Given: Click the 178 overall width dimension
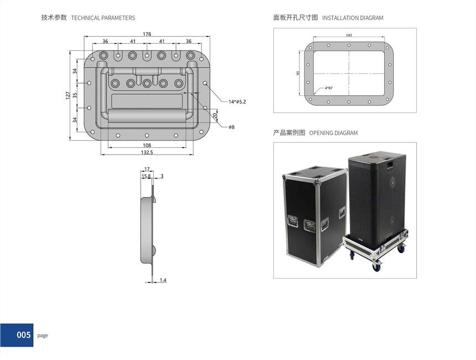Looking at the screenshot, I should (147, 34).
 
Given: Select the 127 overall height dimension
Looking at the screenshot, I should (68, 96).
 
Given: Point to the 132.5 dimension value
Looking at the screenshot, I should (147, 152).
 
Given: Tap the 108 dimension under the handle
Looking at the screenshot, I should (147, 145).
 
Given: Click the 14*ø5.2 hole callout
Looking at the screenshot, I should (237, 101).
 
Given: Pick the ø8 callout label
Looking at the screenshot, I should (231, 127).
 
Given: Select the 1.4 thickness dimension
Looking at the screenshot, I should (163, 280).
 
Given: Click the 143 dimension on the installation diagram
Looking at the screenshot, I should (349, 35).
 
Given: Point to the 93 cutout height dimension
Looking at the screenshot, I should (298, 73).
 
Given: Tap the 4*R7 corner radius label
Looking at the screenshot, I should (328, 88).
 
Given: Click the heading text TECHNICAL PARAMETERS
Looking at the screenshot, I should (103, 18).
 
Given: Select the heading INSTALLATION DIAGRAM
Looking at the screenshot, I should (353, 18).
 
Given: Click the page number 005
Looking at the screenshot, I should (24, 335).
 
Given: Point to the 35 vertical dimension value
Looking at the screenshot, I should (75, 96).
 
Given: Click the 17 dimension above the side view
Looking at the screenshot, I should (147, 169).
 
